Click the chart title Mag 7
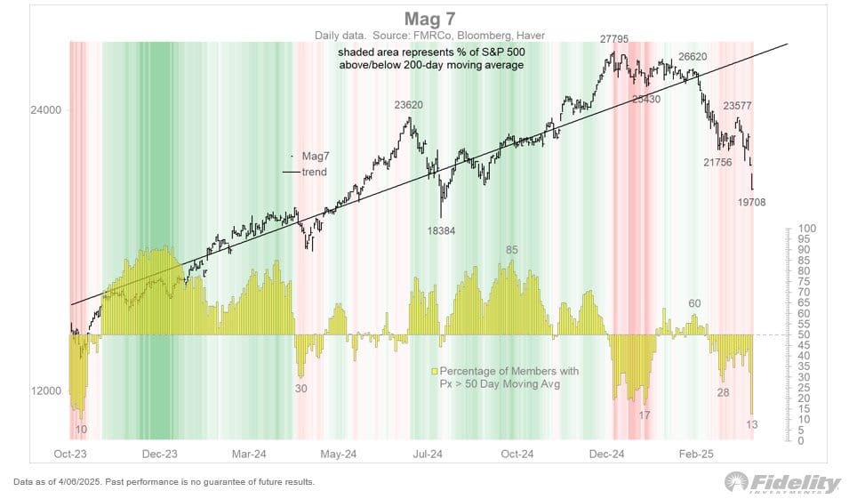click(428, 19)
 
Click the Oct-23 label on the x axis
click(69, 454)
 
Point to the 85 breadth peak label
click(511, 250)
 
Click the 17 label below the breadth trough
click(644, 415)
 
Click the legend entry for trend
click(314, 172)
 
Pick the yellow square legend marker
click(435, 369)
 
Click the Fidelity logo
click(783, 483)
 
